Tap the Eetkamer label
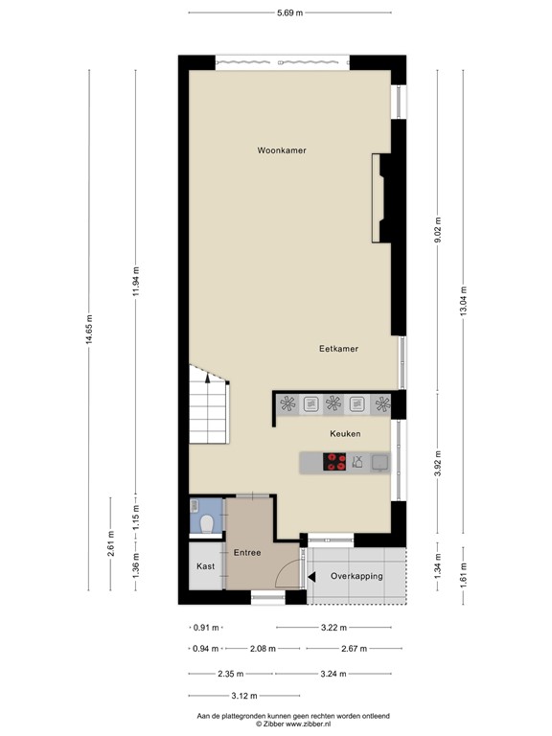pos(338,349)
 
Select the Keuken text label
pos(345,434)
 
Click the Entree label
pos(247,552)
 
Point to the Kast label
pos(205,566)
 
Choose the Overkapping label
pos(356,576)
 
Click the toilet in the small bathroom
pos(207,523)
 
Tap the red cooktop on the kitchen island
pos(334,462)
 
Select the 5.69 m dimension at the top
pos(289,12)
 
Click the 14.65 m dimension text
pos(89,333)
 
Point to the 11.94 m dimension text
pos(136,282)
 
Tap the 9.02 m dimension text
pos(438,230)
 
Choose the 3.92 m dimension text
pos(438,464)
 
